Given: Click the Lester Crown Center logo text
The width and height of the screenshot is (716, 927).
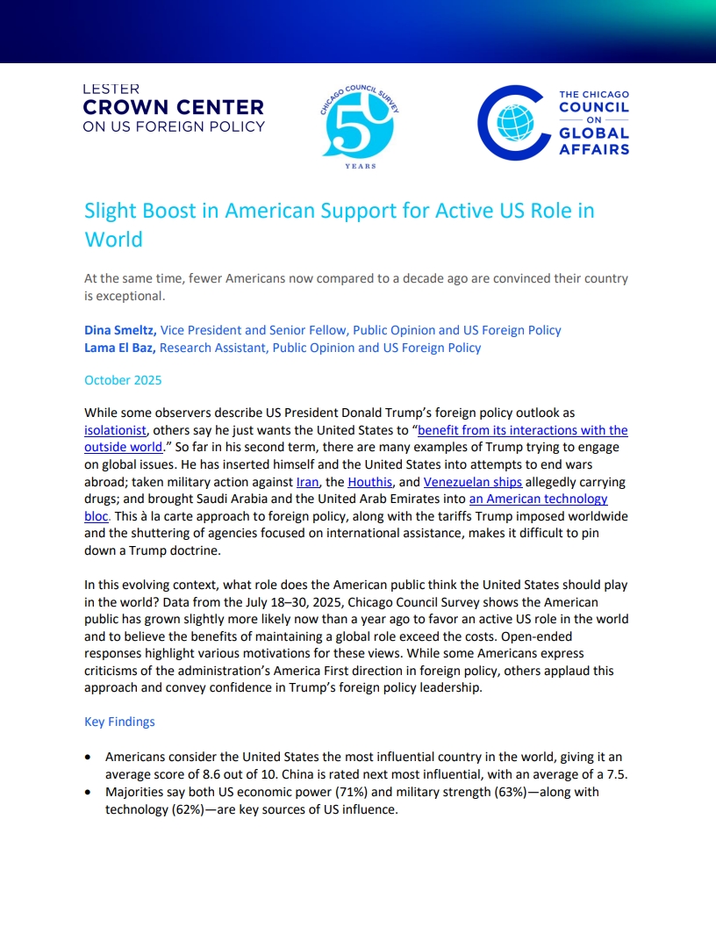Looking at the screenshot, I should [173, 108].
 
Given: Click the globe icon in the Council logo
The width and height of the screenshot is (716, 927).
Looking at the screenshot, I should [515, 123].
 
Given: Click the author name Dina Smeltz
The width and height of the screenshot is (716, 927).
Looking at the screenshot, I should [120, 330].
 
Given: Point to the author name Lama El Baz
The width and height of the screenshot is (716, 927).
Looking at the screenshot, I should [120, 348].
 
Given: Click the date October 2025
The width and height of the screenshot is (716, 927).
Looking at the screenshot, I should [123, 380].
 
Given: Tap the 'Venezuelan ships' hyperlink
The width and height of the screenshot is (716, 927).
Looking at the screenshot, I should [473, 482].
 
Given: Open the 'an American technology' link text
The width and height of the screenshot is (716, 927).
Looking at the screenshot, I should [539, 499].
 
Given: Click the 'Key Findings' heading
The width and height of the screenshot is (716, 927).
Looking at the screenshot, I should [119, 722].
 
